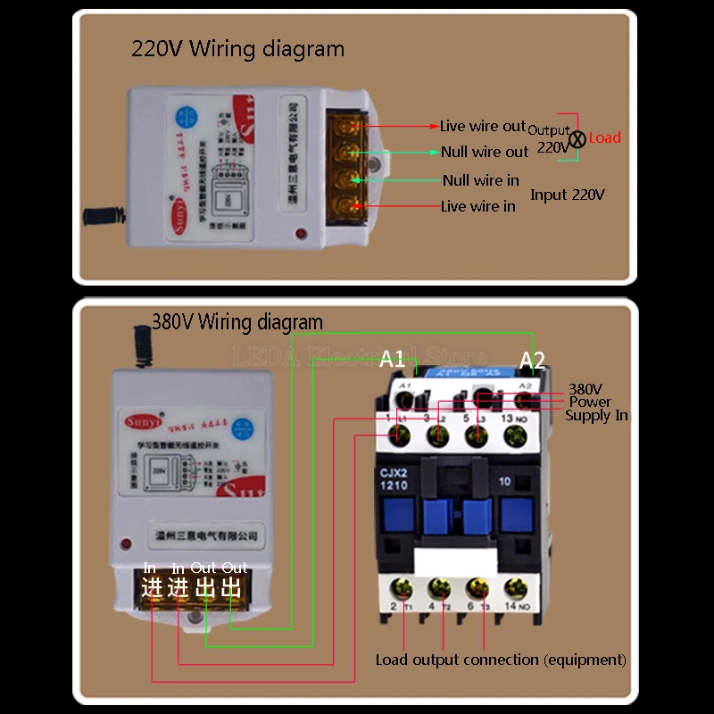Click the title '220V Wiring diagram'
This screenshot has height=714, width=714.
(x=237, y=48)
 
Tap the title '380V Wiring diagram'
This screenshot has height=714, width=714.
(x=237, y=321)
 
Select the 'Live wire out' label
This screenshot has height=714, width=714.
(x=483, y=127)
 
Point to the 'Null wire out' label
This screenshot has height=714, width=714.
(x=485, y=152)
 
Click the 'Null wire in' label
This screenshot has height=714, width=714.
(x=480, y=180)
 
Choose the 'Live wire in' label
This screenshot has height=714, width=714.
(x=478, y=206)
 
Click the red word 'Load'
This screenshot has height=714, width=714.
(x=604, y=137)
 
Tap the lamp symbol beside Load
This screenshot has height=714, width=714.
(x=577, y=138)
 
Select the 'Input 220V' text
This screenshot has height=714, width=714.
(x=568, y=194)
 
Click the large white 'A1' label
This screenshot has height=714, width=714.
(x=393, y=359)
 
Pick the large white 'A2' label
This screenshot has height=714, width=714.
(x=532, y=360)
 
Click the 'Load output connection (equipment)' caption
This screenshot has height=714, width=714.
(x=501, y=660)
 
